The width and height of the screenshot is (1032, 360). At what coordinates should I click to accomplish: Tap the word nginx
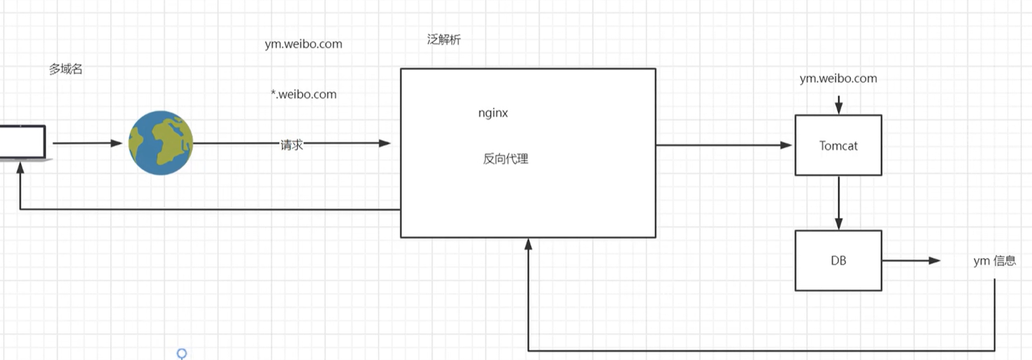493,113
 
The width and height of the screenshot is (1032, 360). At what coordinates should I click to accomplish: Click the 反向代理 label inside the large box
505,159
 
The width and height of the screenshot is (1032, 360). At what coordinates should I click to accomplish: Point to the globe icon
161,143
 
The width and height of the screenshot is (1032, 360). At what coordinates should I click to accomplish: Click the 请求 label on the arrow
292,145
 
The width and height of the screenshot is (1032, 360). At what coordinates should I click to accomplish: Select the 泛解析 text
443,40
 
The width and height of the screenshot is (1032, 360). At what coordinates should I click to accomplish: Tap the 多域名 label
66,69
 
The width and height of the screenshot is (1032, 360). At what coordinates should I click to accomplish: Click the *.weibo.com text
304,94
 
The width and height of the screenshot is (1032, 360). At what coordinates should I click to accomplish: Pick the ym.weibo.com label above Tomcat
838,79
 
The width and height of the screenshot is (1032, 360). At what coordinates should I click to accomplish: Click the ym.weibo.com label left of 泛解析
304,44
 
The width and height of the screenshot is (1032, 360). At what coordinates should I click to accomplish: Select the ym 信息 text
994,261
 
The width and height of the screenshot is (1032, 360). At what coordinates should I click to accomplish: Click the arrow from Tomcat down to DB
838,203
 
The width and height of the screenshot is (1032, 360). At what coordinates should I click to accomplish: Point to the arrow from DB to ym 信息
911,261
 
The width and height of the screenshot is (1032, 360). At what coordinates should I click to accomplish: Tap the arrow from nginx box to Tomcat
724,145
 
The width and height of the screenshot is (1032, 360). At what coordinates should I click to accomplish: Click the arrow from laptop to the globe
87,143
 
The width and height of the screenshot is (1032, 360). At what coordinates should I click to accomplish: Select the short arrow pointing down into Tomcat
838,104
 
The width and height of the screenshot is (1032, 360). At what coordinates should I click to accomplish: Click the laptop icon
23,143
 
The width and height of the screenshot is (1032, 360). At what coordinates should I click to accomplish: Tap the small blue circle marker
182,354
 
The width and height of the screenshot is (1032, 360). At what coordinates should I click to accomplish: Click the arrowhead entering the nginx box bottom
529,244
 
